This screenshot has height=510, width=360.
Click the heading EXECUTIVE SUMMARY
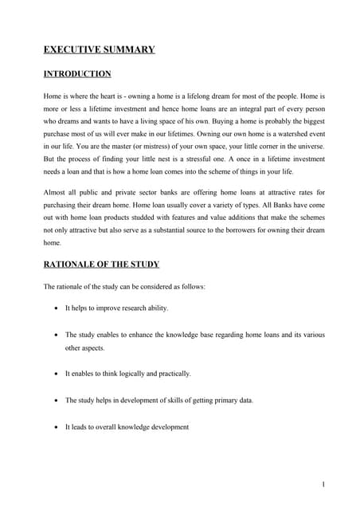click(99, 49)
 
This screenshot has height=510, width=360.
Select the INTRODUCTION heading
click(77, 74)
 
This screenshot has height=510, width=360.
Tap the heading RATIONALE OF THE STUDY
click(103, 265)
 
